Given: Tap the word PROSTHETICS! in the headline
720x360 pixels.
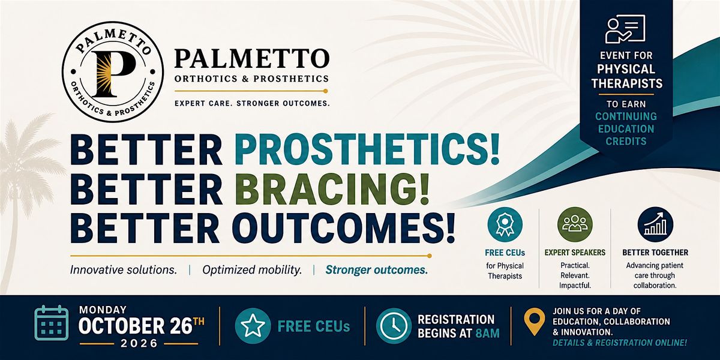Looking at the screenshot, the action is click(367, 149).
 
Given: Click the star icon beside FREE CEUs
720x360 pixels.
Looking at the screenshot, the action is click(253, 326).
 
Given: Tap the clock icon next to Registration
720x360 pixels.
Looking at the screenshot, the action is click(394, 326).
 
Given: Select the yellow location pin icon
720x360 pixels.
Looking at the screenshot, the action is click(534, 322).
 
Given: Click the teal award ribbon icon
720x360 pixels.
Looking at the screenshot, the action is click(505, 224).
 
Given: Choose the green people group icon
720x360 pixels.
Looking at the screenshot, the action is click(575, 224).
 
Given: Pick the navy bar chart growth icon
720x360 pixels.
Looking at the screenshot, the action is click(655, 224).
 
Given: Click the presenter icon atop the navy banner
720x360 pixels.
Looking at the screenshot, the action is click(625, 29).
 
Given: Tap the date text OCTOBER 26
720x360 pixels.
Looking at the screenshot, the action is click(135, 326).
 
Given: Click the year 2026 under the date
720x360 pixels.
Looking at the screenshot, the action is click(139, 344).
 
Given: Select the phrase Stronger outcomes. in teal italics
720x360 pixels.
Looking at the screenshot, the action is click(377, 269).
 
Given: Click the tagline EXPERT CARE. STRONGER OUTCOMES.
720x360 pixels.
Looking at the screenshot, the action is click(252, 103).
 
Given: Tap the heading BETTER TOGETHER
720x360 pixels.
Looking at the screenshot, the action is click(655, 253).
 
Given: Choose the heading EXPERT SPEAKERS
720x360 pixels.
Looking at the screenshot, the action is click(575, 253).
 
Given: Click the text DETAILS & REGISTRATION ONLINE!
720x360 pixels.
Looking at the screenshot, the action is click(620, 343).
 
